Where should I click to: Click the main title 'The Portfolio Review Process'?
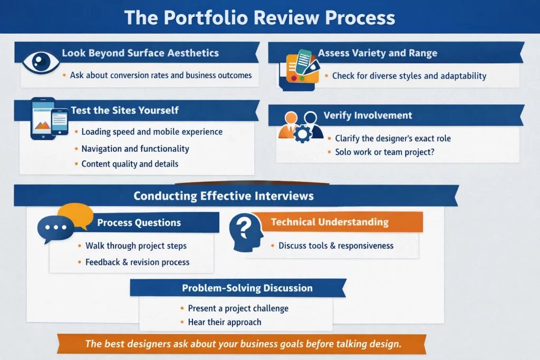[x=259, y=17]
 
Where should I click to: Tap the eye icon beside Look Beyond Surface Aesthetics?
[x=41, y=61]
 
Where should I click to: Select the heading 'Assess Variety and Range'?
[x=377, y=53]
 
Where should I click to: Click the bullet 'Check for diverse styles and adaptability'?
[x=409, y=76]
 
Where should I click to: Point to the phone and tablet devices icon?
[x=49, y=119]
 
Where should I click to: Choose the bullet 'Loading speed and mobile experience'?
[x=152, y=132]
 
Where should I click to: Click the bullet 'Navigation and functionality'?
[x=135, y=149]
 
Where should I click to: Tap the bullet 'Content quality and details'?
[x=130, y=164]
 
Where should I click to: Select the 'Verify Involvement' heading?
[x=368, y=115]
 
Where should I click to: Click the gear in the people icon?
[x=302, y=134]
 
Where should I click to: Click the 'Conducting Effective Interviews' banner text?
[x=224, y=196]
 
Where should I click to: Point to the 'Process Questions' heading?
[x=139, y=222]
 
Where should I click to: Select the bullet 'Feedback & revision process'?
[x=137, y=262]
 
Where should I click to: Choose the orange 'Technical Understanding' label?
[x=330, y=222]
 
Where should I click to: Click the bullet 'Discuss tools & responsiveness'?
[x=336, y=246]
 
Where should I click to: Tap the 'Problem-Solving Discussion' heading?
[x=247, y=288]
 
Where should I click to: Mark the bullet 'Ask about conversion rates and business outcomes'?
[x=161, y=75]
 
